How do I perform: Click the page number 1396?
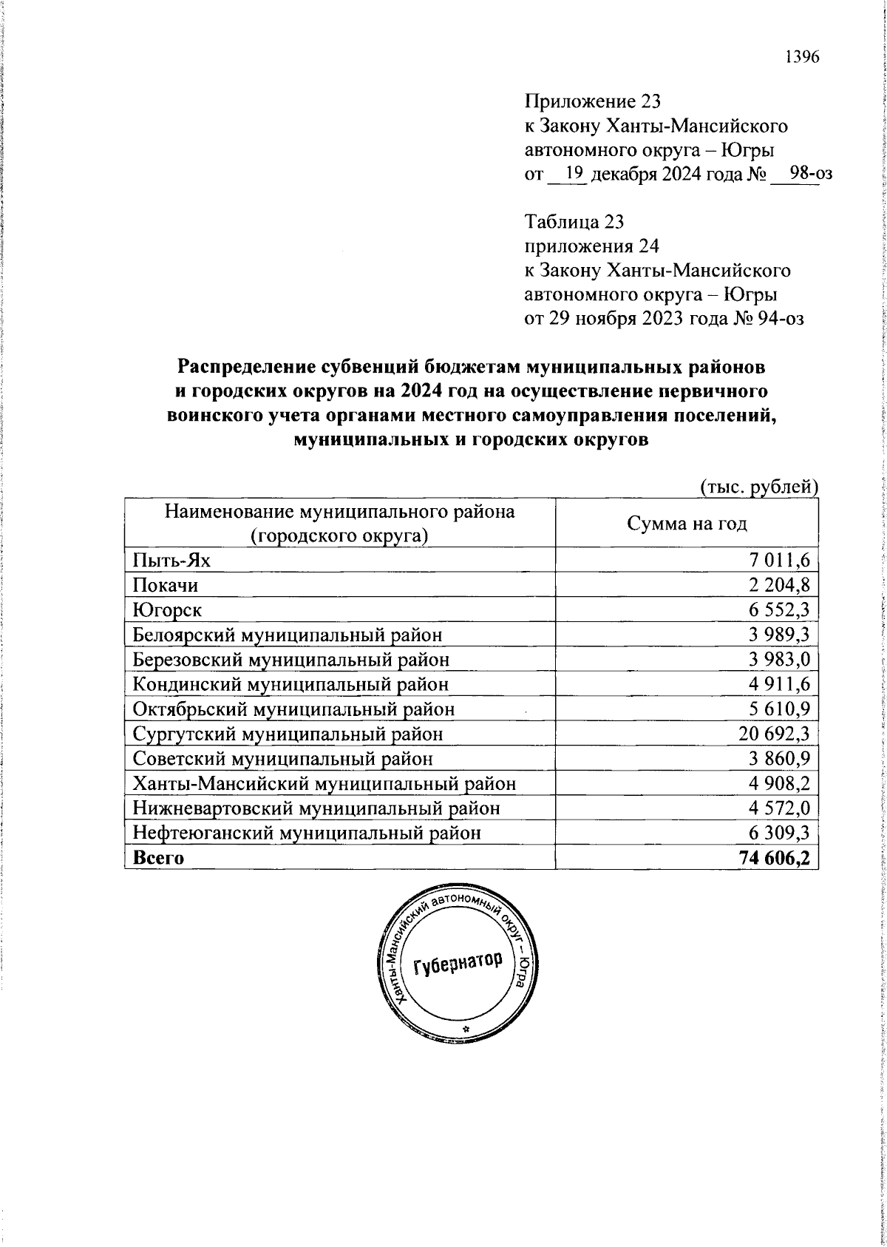[x=802, y=57]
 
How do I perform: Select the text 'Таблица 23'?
[x=574, y=221]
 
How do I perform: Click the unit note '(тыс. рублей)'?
[x=758, y=487]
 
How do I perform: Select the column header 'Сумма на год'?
[x=687, y=524]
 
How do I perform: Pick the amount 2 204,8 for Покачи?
[x=778, y=585]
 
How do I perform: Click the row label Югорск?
[x=167, y=610]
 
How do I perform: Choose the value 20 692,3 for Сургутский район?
[x=774, y=734]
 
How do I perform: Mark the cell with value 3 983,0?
[x=779, y=660]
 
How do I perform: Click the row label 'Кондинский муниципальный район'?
[x=290, y=684]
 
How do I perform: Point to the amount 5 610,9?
[x=779, y=709]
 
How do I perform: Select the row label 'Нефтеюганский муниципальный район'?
[x=307, y=833]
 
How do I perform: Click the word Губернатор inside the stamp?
[x=458, y=962]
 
